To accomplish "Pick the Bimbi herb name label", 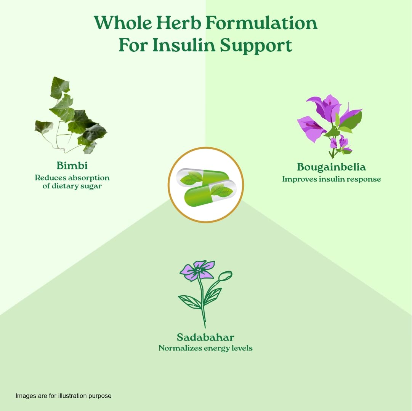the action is point(72,166).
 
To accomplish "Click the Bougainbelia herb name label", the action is point(331,167).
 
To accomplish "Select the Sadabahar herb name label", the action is point(205,337).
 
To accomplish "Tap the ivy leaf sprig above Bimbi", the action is point(71,115).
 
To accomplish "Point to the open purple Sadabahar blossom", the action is point(197,271).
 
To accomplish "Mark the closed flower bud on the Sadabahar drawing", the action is point(226,276).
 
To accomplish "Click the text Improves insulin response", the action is point(331,179).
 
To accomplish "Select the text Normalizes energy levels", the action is point(205,348).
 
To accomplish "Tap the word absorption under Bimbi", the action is point(88,178).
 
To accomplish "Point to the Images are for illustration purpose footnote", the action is point(63,395).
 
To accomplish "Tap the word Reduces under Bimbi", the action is point(50,178).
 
